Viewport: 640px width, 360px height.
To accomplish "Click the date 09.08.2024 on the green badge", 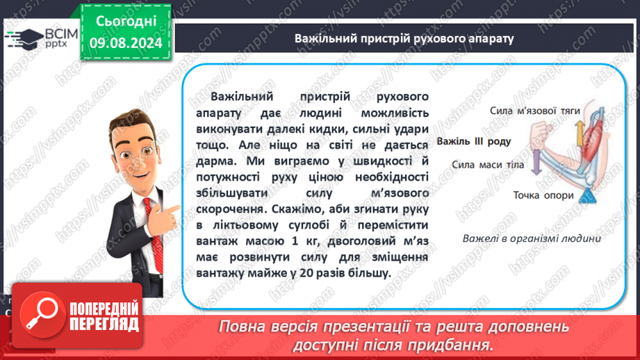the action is coord(126,43).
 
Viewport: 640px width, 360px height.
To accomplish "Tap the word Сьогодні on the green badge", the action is coord(126,22).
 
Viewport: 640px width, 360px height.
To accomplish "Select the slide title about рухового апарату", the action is coord(404,38).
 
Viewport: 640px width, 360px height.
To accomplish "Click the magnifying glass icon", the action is coord(42,314).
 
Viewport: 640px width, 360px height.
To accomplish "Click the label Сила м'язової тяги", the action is coord(534,111).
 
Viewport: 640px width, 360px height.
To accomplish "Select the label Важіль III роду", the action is coord(474,141).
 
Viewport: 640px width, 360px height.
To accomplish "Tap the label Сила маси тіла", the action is coord(488,165).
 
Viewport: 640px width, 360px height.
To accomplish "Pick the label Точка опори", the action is coord(543,195).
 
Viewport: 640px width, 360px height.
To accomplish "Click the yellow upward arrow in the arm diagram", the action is coord(580,133).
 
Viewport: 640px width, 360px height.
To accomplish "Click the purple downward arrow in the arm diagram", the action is coord(536,162).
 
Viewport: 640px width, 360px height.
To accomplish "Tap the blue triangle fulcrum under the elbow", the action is coord(588,196).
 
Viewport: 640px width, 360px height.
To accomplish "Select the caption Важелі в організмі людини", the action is coord(532,238).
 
